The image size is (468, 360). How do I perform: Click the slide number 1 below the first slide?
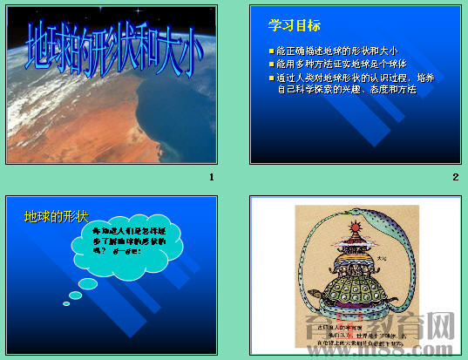click(211, 178)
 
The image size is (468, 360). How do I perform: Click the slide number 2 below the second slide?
click(455, 178)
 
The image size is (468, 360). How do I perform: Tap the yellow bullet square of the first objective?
click(271, 51)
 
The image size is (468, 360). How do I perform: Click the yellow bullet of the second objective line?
click(271, 64)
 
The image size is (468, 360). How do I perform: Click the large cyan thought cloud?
click(132, 248)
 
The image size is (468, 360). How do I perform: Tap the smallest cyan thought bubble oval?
click(66, 304)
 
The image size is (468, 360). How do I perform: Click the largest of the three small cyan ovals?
click(88, 284)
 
